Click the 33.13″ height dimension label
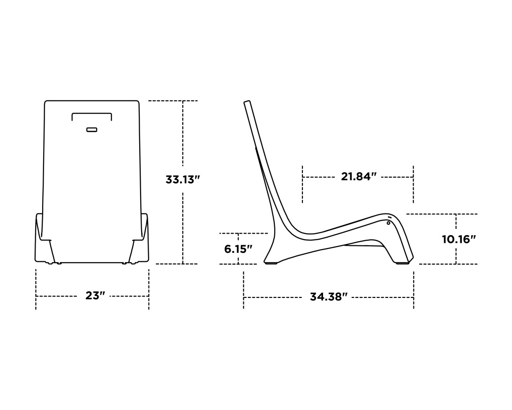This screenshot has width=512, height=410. point(183,180)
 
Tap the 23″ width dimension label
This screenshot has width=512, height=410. point(95,296)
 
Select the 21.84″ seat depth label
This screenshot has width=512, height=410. point(359,177)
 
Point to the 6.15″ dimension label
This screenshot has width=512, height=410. point(238,249)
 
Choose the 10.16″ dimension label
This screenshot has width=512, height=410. point(459,239)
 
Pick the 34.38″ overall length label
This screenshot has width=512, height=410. point(329,297)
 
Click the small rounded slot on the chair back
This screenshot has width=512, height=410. point(92,129)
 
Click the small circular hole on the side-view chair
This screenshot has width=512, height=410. point(388,223)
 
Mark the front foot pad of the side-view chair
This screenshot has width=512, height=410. point(402,263)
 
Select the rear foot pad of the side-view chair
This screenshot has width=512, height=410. point(271,263)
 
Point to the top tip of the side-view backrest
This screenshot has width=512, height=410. point(247,102)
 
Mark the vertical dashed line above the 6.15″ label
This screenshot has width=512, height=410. point(238,238)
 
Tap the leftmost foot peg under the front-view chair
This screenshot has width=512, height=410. point(50,263)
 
